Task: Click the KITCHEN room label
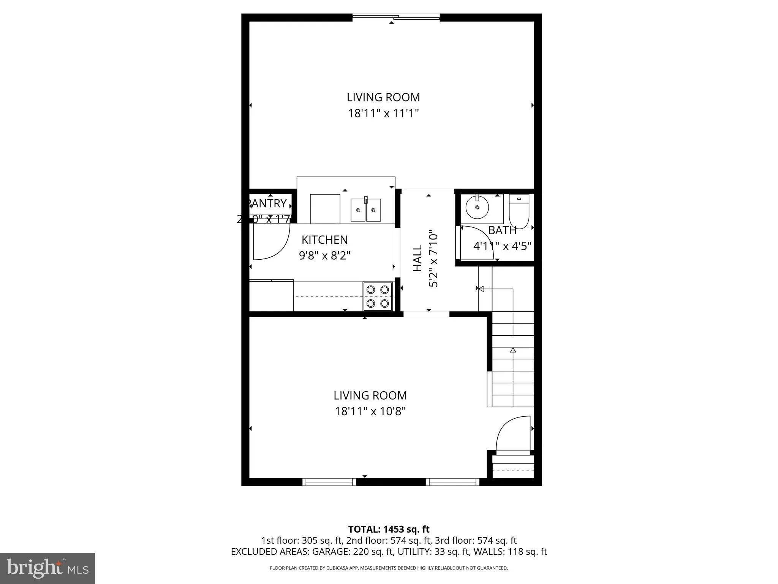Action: [x=324, y=240]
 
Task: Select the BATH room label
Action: [x=502, y=230]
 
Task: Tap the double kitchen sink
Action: [x=365, y=210]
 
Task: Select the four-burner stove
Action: [x=377, y=296]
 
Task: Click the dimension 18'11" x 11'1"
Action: [x=383, y=113]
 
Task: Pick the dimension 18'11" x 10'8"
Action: [x=370, y=411]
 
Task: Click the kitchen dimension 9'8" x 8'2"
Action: [x=324, y=255]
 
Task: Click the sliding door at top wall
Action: [x=396, y=17]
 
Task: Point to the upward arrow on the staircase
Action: [x=513, y=350]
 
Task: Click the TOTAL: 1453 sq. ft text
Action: [x=389, y=529]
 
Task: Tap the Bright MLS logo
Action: [x=47, y=568]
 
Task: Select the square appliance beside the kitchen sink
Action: [x=325, y=209]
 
